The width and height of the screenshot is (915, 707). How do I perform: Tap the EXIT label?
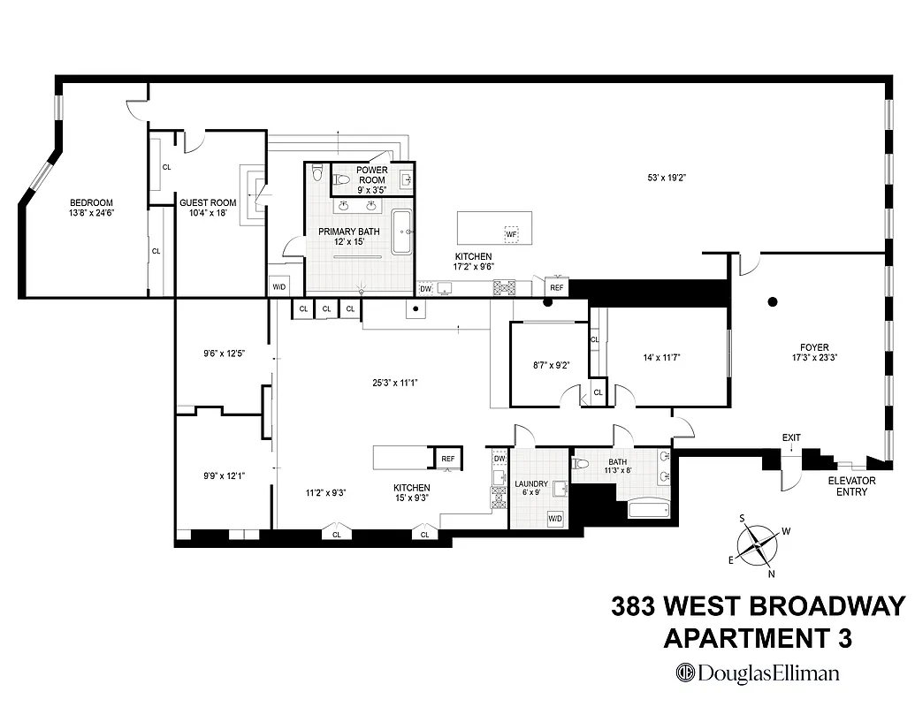[791, 437]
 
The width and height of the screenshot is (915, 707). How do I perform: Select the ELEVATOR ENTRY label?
[851, 486]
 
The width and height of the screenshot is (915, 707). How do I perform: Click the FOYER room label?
[811, 353]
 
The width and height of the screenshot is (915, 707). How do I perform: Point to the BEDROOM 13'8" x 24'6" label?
[92, 208]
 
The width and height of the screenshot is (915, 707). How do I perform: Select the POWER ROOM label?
[372, 175]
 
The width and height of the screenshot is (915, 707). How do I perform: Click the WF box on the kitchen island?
[511, 234]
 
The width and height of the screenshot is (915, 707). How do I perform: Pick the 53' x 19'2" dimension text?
[667, 178]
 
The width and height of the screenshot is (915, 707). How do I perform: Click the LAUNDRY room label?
[530, 489]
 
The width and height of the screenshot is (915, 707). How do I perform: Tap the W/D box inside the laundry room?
[556, 518]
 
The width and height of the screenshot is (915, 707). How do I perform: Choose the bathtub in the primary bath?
[402, 232]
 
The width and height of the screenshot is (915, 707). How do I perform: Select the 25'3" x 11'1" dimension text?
[393, 383]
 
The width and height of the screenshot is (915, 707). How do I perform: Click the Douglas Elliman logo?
[758, 673]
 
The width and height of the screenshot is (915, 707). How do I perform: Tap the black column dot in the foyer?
[773, 301]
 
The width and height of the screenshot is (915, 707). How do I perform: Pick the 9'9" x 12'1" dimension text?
[224, 475]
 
